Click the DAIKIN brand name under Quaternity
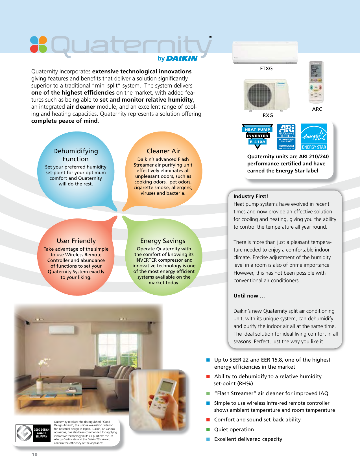[x=182, y=58]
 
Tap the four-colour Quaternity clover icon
[x=38, y=45]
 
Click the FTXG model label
[x=266, y=69]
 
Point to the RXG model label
[x=268, y=115]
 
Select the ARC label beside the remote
[x=317, y=109]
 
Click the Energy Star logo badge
[x=314, y=137]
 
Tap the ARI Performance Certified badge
[x=286, y=137]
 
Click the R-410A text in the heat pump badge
[x=258, y=142]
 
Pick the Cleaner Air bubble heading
[x=163, y=151]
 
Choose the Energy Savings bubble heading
[x=163, y=241]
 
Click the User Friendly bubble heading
[x=76, y=241]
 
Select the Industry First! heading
[x=251, y=196]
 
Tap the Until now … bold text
[x=249, y=296]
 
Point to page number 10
[x=34, y=454]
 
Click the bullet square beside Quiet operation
[x=208, y=430]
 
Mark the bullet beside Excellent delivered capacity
[x=208, y=439]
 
